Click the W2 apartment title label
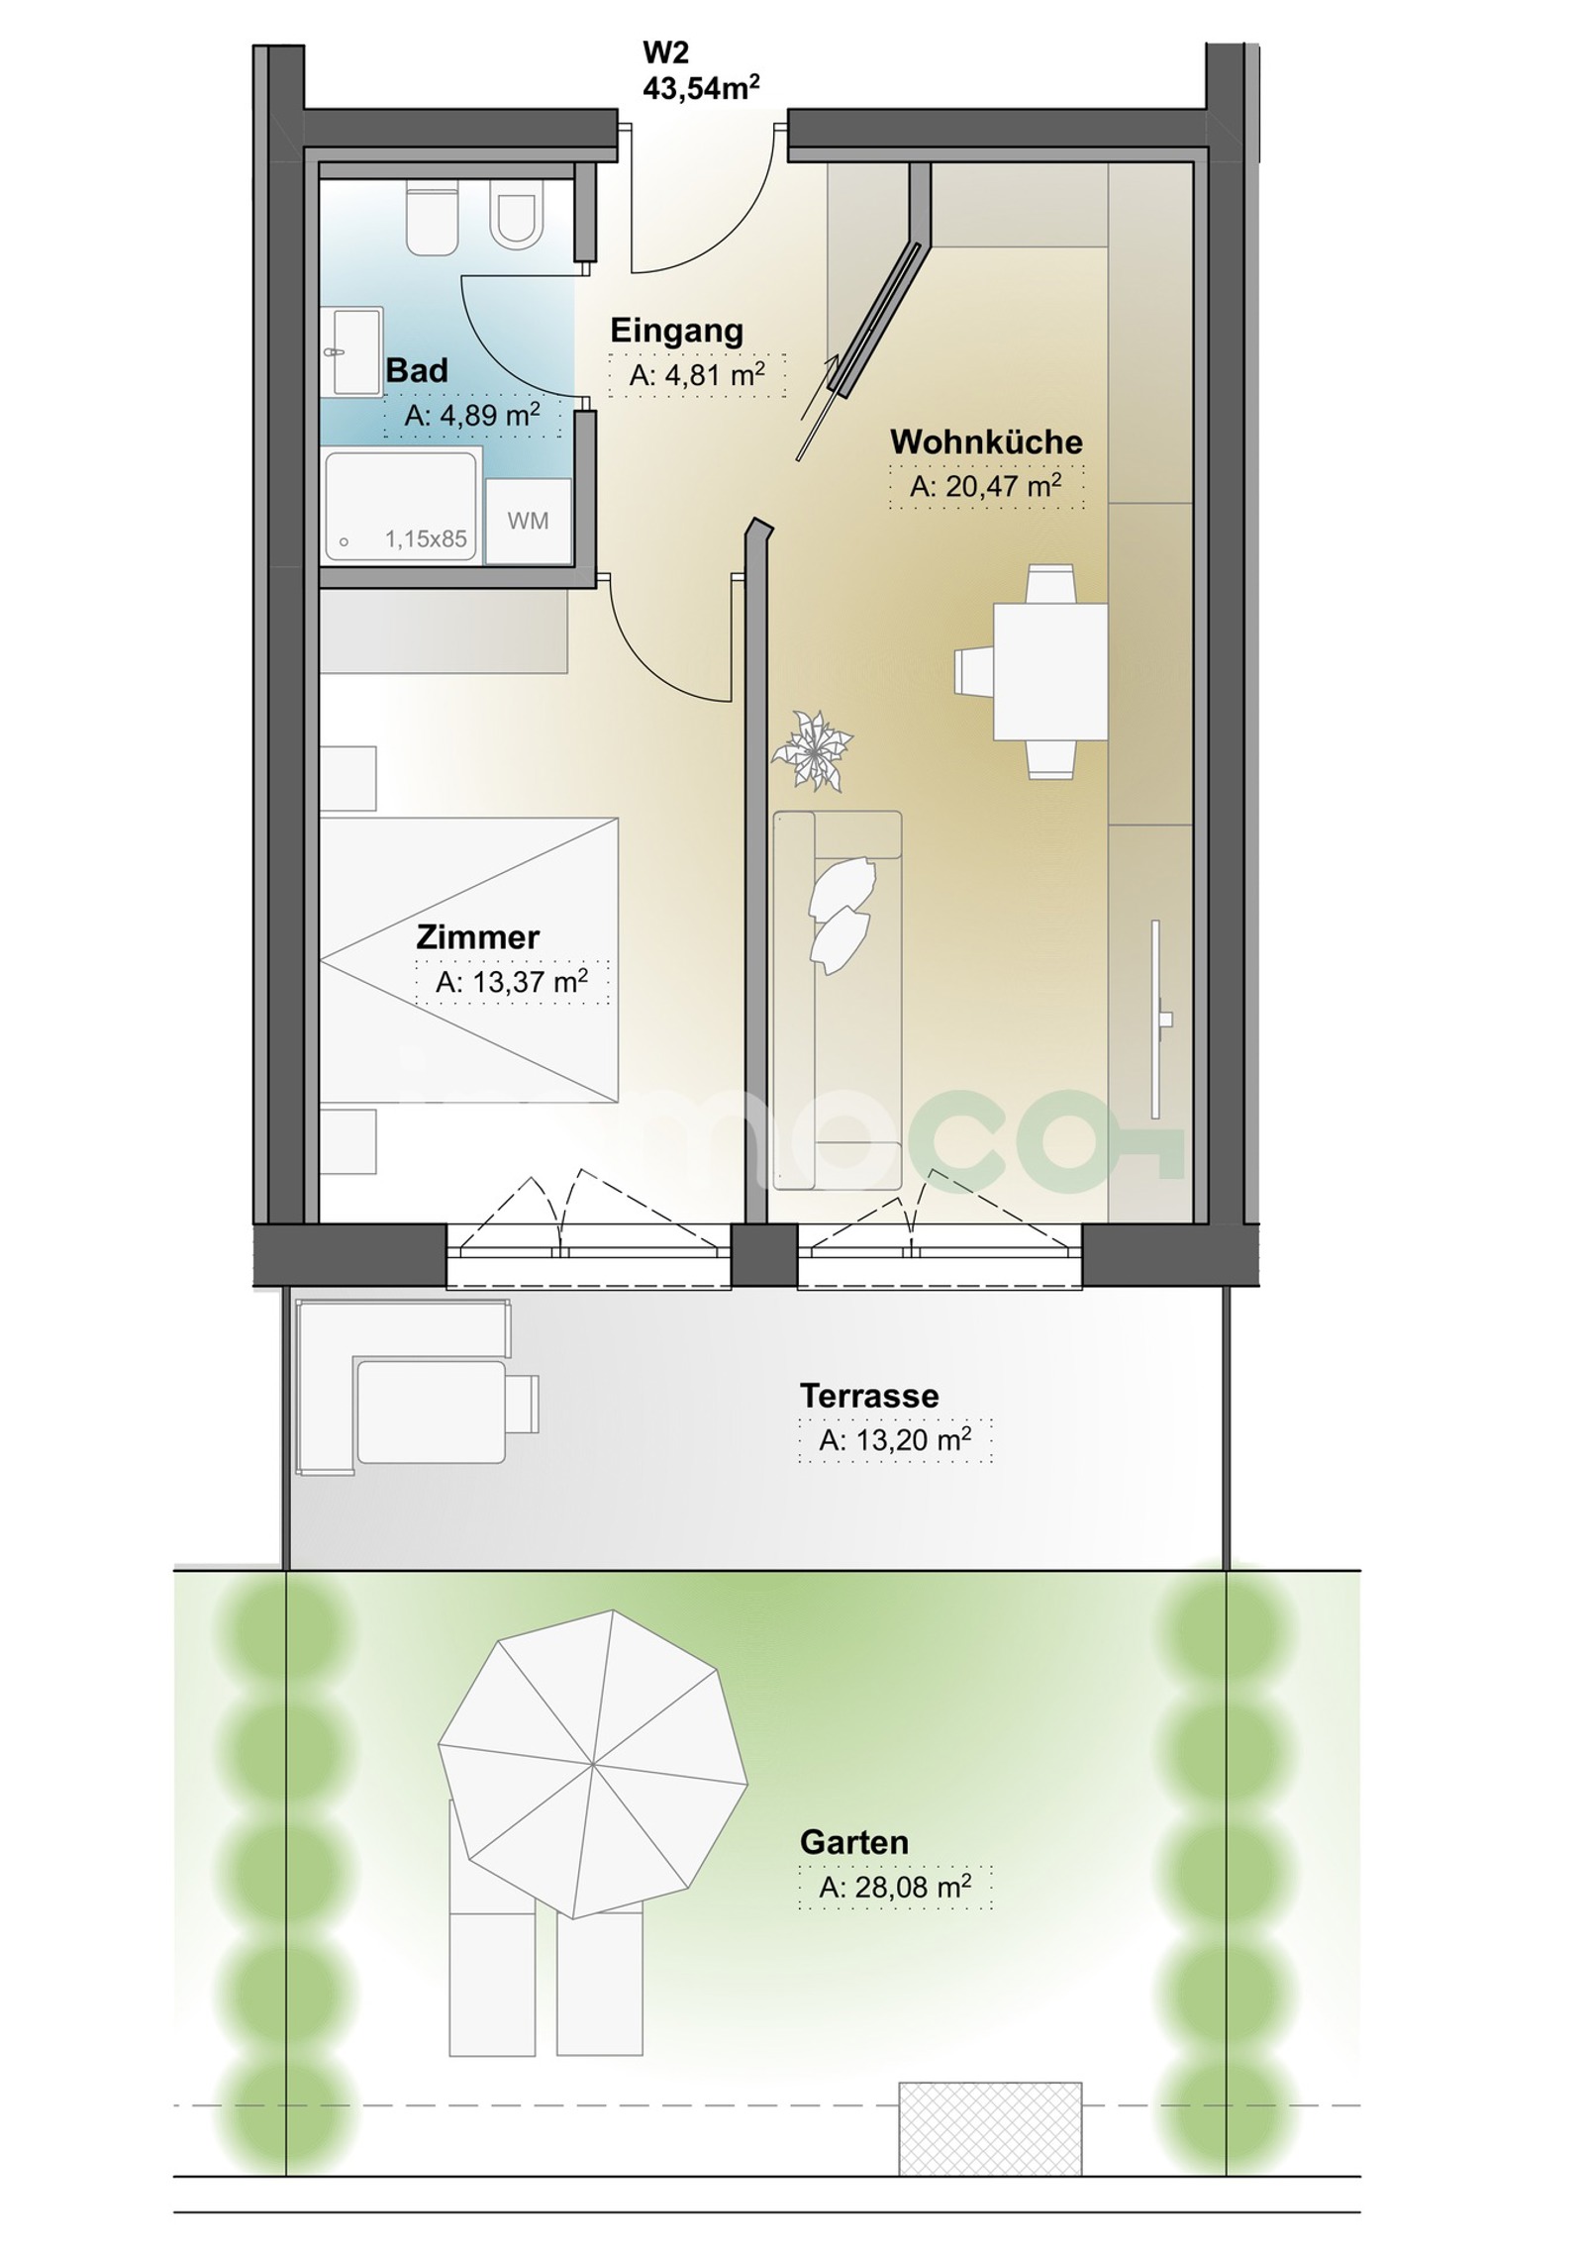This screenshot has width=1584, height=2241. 665,52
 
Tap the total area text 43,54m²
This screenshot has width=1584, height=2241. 701,88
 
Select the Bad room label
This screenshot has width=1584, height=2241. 417,370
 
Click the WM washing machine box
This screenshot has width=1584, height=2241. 528,521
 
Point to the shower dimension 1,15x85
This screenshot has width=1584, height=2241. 426,539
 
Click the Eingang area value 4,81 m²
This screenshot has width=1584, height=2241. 697,375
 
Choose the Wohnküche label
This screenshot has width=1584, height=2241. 986,441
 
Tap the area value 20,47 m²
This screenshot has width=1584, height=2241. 986,486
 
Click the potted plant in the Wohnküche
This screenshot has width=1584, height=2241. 813,749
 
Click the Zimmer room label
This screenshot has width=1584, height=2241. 477,936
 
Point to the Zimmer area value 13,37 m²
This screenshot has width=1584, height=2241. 512,982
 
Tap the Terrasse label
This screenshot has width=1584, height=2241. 869,1396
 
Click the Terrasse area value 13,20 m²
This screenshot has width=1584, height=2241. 895,1440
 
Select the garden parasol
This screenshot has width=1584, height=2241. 592,1764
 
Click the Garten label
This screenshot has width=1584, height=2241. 854,1842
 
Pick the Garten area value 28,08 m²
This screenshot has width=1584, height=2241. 895,1887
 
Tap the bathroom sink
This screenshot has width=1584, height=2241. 353,351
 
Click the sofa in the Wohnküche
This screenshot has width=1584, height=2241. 838,1000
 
